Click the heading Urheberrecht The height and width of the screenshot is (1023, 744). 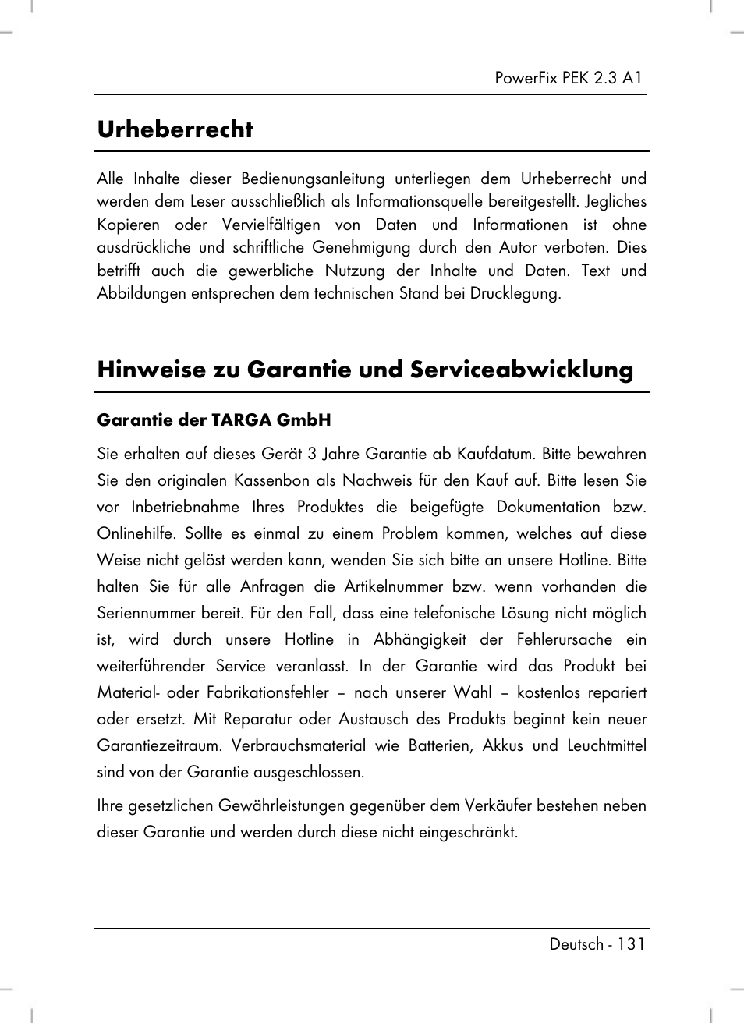point(175,129)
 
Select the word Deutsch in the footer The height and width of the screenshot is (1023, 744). point(576,944)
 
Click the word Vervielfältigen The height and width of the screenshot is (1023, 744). point(271,225)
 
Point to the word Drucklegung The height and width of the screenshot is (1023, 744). point(515,294)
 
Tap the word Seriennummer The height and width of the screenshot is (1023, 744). point(145,613)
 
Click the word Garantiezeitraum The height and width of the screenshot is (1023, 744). point(158,745)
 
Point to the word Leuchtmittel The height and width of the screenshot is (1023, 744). point(606,745)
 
